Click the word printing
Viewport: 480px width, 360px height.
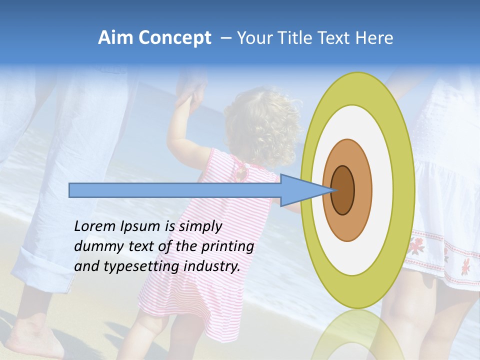[x=227, y=246]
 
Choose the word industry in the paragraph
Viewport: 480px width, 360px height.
[x=212, y=266]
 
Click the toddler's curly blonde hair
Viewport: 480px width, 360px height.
[x=262, y=125]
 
